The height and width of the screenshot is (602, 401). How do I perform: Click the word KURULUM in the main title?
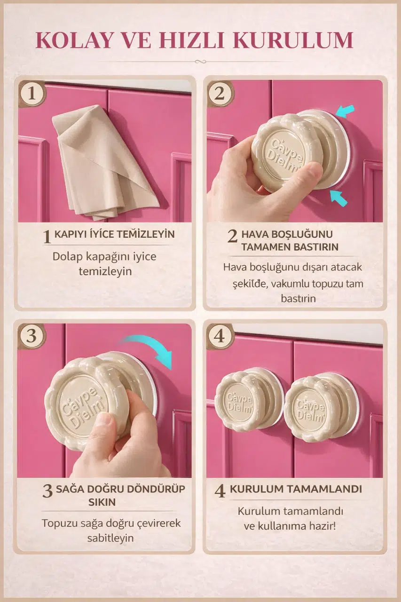[293, 40]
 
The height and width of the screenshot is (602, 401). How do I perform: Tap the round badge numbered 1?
[32, 94]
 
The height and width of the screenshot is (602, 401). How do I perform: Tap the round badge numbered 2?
[220, 94]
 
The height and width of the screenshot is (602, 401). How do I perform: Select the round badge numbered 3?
[31, 336]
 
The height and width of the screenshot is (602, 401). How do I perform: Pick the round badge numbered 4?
[220, 336]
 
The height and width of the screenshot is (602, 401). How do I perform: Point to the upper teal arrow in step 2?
[345, 111]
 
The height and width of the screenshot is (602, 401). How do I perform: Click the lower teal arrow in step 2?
[338, 197]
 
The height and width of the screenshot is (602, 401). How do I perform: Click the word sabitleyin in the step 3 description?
[110, 538]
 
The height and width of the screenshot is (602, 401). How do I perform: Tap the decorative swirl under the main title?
[200, 62]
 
